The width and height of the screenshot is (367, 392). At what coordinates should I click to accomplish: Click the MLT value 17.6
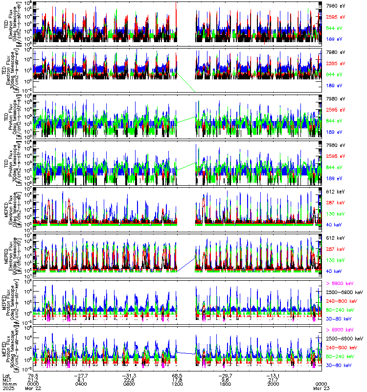pos(177,379)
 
